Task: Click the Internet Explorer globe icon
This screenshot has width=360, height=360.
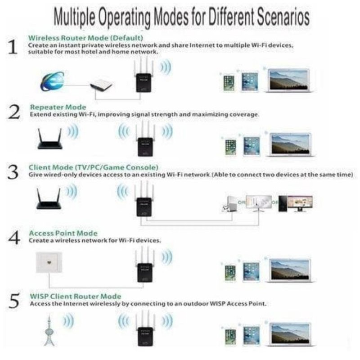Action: point(53,81)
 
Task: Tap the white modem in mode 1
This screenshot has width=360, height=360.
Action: point(101,85)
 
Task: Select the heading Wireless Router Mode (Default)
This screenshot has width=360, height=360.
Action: point(85,38)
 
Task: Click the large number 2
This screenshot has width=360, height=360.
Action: point(14,112)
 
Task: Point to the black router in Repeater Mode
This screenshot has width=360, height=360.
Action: point(50,139)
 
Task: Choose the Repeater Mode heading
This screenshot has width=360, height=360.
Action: point(58,107)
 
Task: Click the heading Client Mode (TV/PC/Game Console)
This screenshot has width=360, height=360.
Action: point(94,167)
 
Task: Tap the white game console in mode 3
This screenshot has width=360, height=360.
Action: point(229,204)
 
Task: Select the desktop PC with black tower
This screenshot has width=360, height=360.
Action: point(296,203)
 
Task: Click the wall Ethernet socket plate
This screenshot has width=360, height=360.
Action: point(49,262)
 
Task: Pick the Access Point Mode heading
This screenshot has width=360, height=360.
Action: point(63,233)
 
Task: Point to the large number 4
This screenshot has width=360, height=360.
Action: point(14,238)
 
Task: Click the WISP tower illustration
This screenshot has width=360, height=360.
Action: point(49,331)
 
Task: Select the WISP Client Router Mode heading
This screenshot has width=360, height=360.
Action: point(76,296)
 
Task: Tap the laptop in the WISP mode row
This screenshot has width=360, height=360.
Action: point(291,334)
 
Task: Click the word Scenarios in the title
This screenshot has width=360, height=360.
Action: point(283,17)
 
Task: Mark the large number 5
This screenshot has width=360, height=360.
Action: point(14,301)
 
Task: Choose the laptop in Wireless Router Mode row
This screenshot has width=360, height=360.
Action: point(289,81)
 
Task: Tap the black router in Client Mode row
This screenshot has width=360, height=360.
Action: point(49,199)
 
